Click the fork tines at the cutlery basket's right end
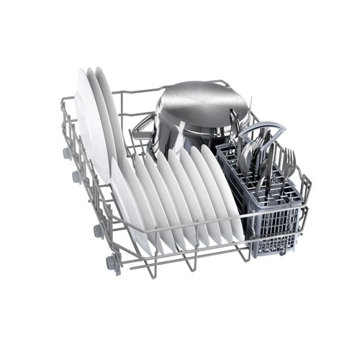[x=288, y=162]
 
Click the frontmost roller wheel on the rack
[x=112, y=263]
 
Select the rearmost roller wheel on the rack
[x=67, y=153]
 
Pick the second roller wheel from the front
[x=97, y=230]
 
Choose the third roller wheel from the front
[x=76, y=176]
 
